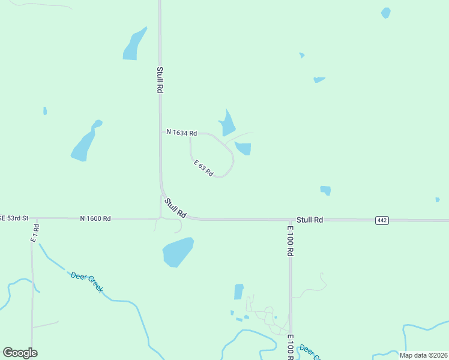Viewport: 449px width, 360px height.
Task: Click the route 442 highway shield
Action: click(382, 220)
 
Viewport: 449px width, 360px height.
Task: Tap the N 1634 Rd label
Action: click(181, 132)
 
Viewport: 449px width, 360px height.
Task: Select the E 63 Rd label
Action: click(203, 167)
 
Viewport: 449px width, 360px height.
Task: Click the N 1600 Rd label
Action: click(95, 218)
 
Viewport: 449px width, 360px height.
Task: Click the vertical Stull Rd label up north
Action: click(160, 79)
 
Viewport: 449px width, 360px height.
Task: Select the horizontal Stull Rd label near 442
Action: click(310, 220)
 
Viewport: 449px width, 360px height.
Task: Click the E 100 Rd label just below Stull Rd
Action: click(290, 241)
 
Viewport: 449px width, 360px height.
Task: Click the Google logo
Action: click(20, 353)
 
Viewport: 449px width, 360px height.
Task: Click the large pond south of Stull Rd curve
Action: click(178, 251)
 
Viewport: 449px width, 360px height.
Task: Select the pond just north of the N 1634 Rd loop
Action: click(227, 124)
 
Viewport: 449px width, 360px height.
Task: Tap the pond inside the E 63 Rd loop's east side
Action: click(244, 148)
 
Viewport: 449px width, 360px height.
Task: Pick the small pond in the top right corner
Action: click(385, 13)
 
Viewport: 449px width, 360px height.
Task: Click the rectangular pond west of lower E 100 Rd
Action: click(239, 292)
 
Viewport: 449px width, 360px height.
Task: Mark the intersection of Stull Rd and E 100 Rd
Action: click(291, 220)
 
